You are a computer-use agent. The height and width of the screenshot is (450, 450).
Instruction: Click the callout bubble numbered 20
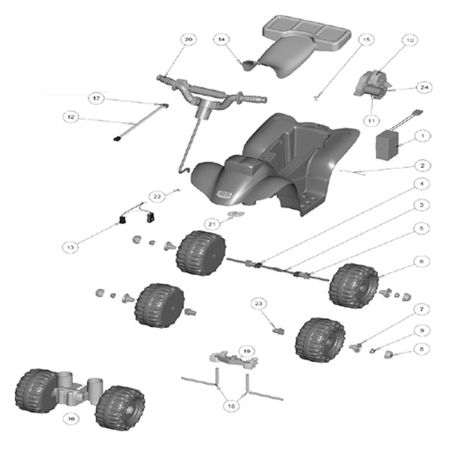187,40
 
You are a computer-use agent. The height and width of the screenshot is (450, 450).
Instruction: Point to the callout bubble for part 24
424,88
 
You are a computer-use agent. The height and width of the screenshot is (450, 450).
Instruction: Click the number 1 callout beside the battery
423,136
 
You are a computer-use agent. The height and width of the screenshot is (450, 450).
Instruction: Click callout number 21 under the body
211,224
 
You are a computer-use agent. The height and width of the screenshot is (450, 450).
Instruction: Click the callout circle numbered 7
422,309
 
